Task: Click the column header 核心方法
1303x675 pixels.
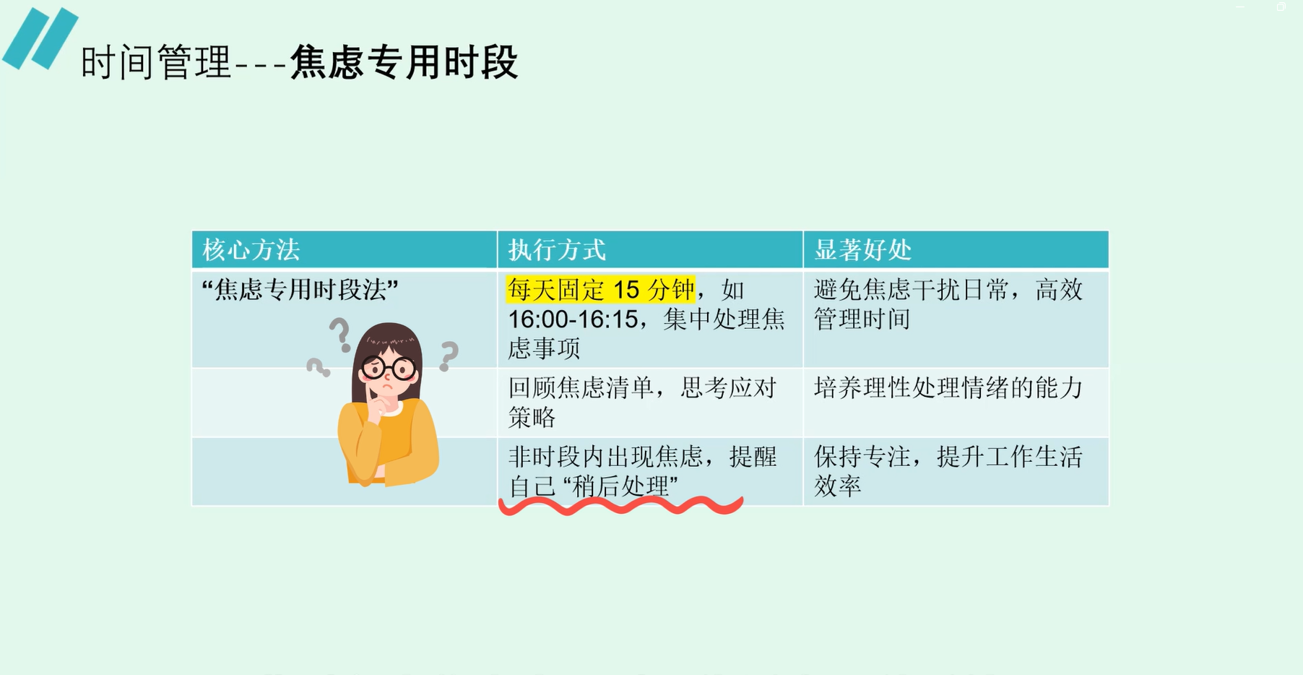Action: tap(251, 250)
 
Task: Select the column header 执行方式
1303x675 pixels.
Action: tap(556, 250)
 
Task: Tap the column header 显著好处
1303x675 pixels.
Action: tap(862, 250)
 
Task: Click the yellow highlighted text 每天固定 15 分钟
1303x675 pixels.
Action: tap(600, 290)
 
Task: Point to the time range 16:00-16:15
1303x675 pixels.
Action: tap(573, 319)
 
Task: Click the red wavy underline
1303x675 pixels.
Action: tap(621, 505)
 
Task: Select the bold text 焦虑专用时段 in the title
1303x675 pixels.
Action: tap(404, 62)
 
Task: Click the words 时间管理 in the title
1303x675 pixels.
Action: tap(156, 62)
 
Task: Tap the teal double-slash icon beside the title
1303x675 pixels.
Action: tap(40, 38)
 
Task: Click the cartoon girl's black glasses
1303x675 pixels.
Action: tap(389, 369)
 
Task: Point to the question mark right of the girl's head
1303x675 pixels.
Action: tap(449, 356)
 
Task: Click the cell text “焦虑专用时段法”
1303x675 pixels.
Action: tap(300, 290)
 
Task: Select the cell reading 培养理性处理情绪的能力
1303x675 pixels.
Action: tap(948, 388)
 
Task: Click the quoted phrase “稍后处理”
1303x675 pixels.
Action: tap(620, 486)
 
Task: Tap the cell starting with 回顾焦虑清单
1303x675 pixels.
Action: tap(641, 403)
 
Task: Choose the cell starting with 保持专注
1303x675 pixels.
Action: tap(948, 471)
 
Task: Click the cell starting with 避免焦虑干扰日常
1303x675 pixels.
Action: tap(948, 304)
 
